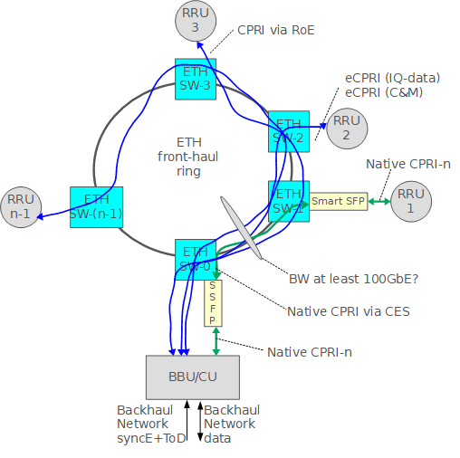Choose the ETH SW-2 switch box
click(x=289, y=131)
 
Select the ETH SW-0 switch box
click(x=196, y=259)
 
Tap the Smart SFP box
click(x=339, y=201)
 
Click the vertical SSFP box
click(x=214, y=302)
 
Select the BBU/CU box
click(x=194, y=376)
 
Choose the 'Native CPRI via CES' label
click(x=349, y=311)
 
